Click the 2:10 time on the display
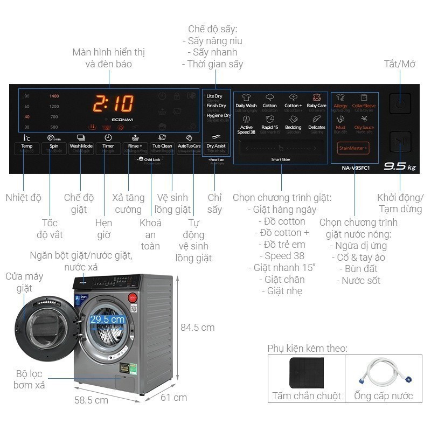(113, 103)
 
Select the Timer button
(108, 146)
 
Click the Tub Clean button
(162, 146)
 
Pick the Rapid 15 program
(269, 123)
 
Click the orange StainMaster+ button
(353, 148)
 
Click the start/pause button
(400, 142)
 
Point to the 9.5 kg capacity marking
(399, 167)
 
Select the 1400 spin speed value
(54, 96)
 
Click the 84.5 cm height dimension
(197, 327)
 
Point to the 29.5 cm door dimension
(107, 319)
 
